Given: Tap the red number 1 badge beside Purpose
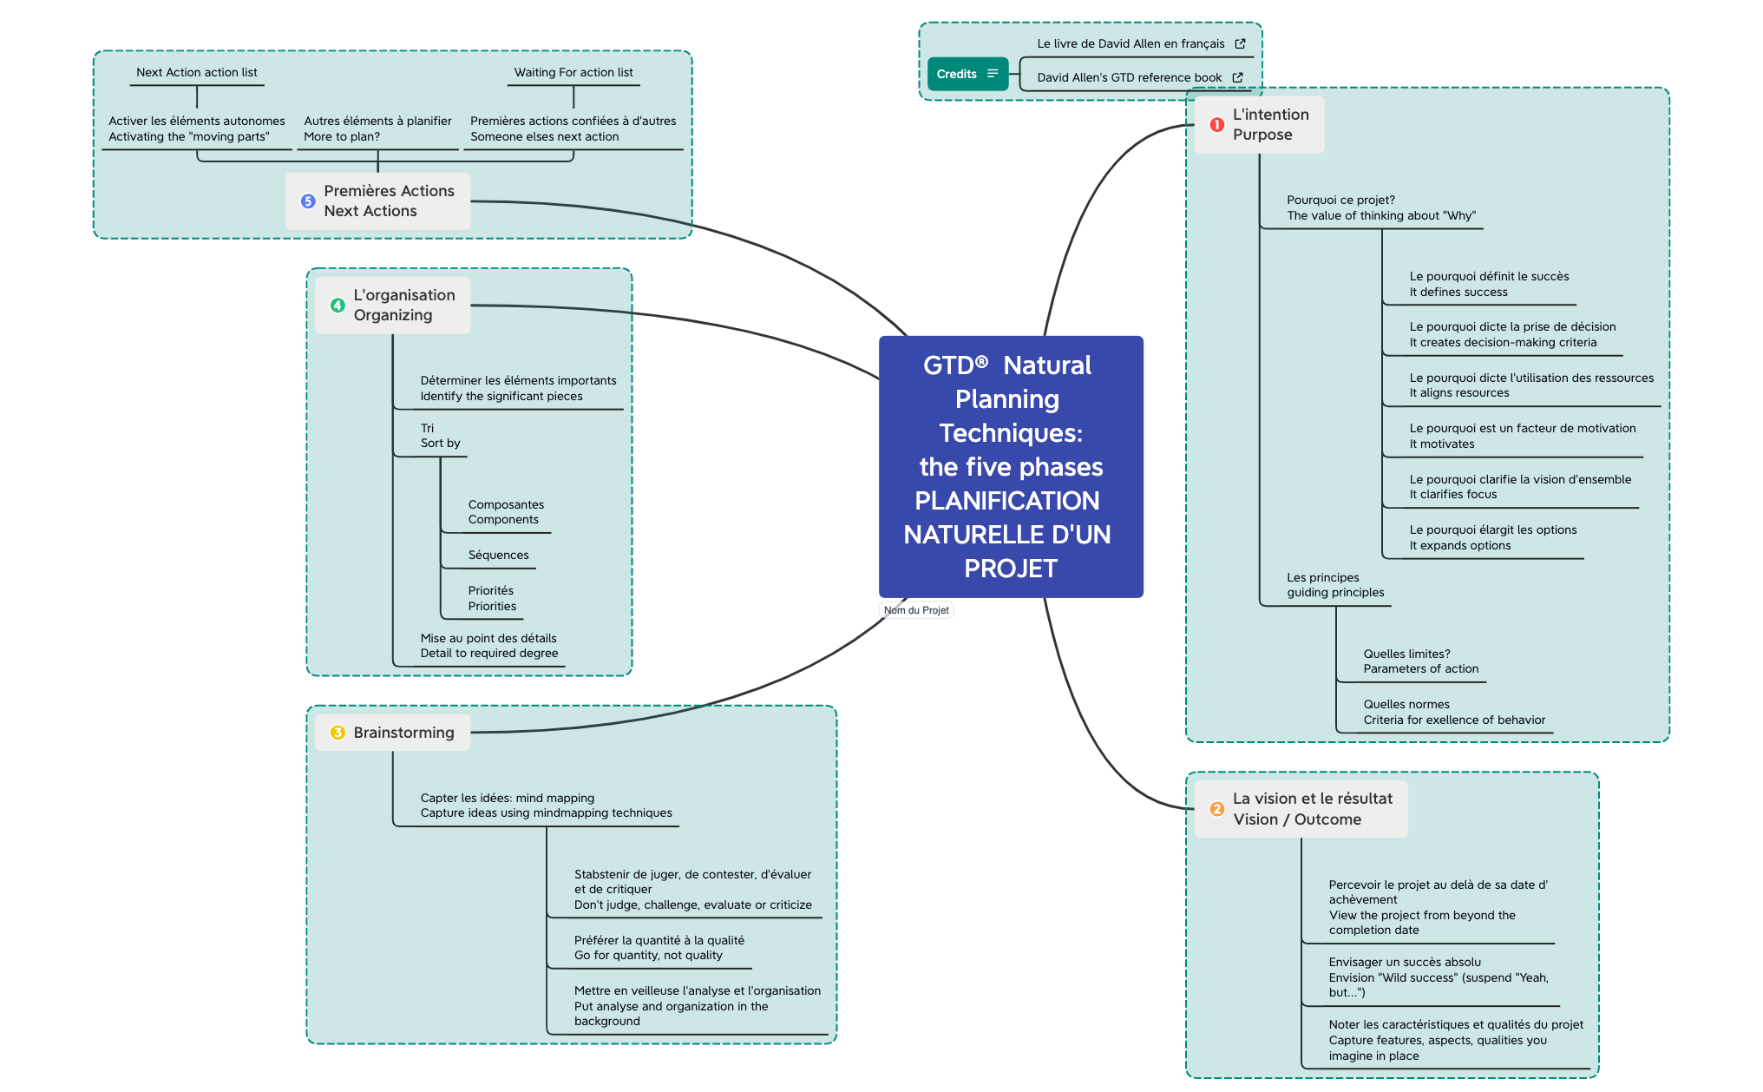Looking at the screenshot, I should (1216, 125).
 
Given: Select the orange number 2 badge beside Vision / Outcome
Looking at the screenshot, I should (1216, 809).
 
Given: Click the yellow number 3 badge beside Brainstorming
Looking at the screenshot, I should (338, 733).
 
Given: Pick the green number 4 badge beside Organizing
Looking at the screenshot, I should (338, 306).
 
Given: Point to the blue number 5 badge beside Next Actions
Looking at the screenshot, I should (308, 201).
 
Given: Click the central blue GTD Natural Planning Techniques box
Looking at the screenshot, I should (1011, 466).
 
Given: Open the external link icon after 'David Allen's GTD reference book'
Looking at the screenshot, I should (1237, 77).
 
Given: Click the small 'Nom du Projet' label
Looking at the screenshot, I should (916, 610).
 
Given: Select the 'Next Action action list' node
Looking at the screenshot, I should (197, 73).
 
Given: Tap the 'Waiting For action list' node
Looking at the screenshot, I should (573, 73).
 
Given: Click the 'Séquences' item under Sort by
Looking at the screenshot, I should (498, 556).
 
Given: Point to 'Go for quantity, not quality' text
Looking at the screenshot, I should (648, 956).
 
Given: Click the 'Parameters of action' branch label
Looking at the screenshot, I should (1420, 669).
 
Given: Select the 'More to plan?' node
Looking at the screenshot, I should (342, 137).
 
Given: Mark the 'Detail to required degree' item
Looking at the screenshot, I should (489, 654).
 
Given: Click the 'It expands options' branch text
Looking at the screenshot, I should (1460, 546).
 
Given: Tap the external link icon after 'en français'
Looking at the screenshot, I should (1240, 43).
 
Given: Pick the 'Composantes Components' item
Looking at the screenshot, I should (506, 512).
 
